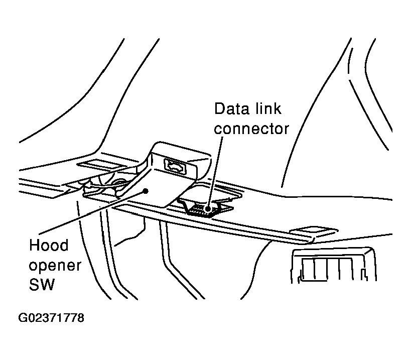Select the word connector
(251, 129)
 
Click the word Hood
(49, 245)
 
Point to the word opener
(55, 266)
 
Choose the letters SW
(42, 284)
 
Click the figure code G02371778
(51, 318)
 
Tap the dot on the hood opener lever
(146, 191)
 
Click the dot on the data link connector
(208, 209)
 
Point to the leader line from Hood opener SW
(92, 213)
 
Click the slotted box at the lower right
(333, 264)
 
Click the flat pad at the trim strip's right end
(313, 230)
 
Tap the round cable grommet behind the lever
(119, 182)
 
